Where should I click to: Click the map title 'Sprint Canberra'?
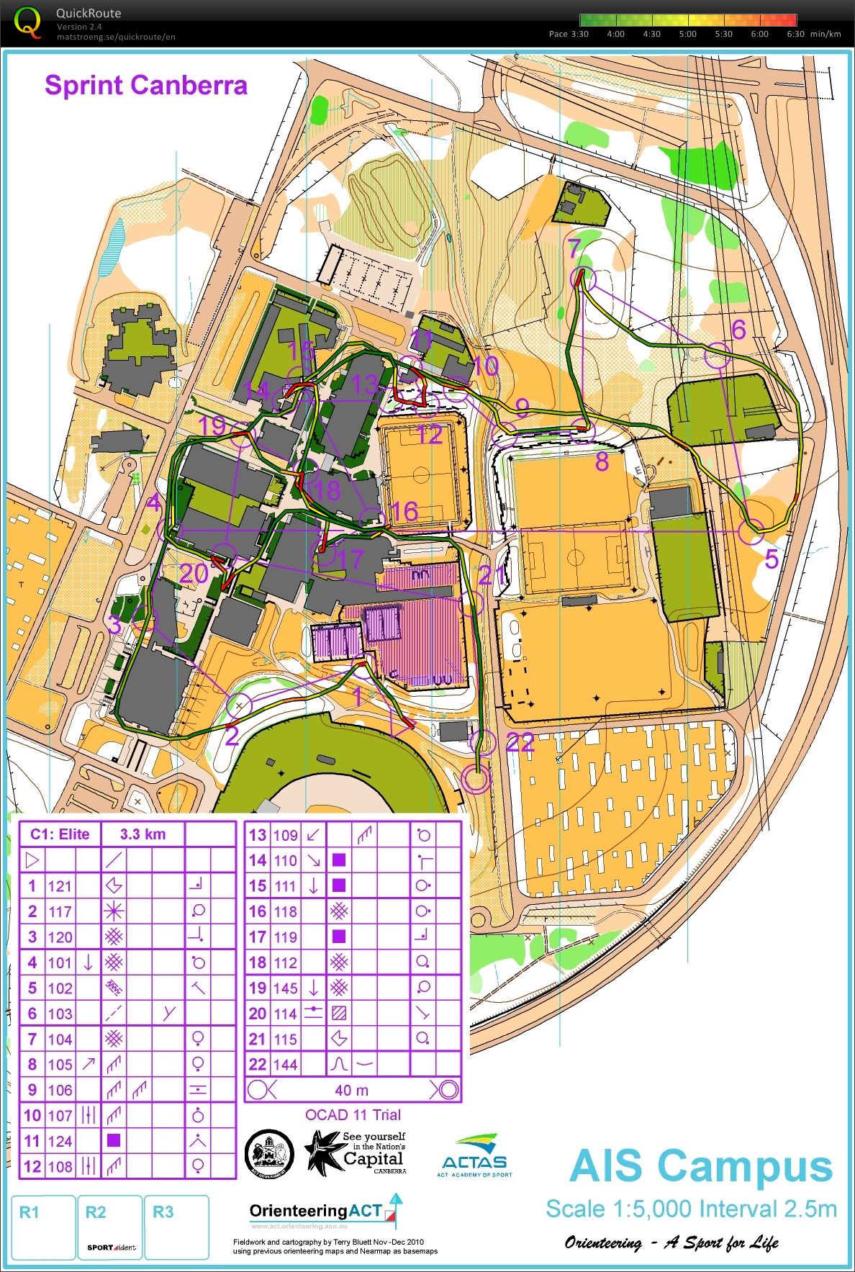pos(146,86)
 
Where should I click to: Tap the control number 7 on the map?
pos(574,249)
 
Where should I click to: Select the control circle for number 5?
pos(751,531)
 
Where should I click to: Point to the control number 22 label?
pos(520,742)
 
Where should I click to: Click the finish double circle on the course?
pos(476,779)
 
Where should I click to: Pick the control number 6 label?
pos(738,330)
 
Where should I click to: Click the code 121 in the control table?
pos(60,886)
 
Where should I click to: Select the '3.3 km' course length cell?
pos(142,834)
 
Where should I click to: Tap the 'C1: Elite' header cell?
pos(60,834)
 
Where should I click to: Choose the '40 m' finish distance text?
pos(351,1091)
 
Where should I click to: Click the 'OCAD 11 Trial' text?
pos(353,1115)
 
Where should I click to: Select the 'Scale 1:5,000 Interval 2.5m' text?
pos(691,1209)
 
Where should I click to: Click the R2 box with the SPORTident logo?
pos(111,1227)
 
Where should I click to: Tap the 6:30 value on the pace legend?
pos(795,34)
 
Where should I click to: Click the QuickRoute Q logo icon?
pos(27,22)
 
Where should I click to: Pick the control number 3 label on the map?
pos(114,624)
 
